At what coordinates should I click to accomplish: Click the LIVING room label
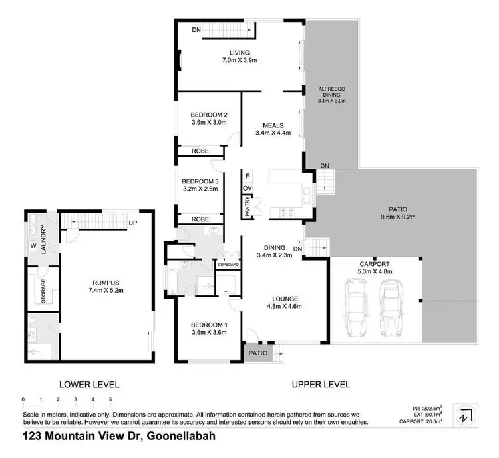(240, 52)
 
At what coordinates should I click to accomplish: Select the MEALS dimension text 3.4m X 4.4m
(273, 133)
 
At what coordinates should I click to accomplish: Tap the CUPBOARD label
(228, 265)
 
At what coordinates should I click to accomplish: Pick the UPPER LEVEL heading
(321, 384)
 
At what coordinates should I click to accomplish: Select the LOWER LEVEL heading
(89, 384)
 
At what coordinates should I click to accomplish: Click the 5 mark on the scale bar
(110, 400)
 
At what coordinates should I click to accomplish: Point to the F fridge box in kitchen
(247, 176)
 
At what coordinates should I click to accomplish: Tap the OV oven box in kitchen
(247, 189)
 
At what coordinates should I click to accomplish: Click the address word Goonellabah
(172, 438)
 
